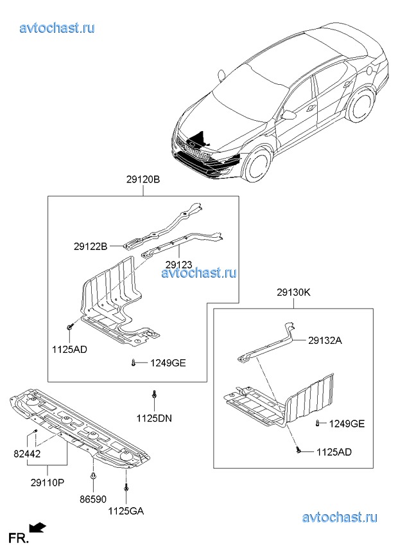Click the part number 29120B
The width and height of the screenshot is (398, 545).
(x=143, y=180)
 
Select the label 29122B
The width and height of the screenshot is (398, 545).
(x=91, y=246)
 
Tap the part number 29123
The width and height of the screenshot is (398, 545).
(x=178, y=265)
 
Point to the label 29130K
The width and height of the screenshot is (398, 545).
(x=293, y=292)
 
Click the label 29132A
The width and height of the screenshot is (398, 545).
(x=325, y=340)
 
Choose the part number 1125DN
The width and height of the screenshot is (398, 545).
(x=154, y=418)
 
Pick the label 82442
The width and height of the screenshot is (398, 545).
(x=27, y=454)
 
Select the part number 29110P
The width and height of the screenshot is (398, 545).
(x=48, y=483)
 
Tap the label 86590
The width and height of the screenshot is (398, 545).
(x=93, y=499)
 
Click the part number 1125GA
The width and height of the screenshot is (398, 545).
(x=126, y=511)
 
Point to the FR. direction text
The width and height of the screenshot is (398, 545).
(x=19, y=538)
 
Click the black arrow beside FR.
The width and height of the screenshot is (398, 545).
(x=38, y=528)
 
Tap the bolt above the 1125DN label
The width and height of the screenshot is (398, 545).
(x=154, y=395)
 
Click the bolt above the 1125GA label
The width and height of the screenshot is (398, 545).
(x=126, y=488)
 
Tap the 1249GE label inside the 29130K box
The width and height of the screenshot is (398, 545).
(x=347, y=424)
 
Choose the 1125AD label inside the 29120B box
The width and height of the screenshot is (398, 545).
(x=69, y=350)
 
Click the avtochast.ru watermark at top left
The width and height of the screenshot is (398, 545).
(x=57, y=28)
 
